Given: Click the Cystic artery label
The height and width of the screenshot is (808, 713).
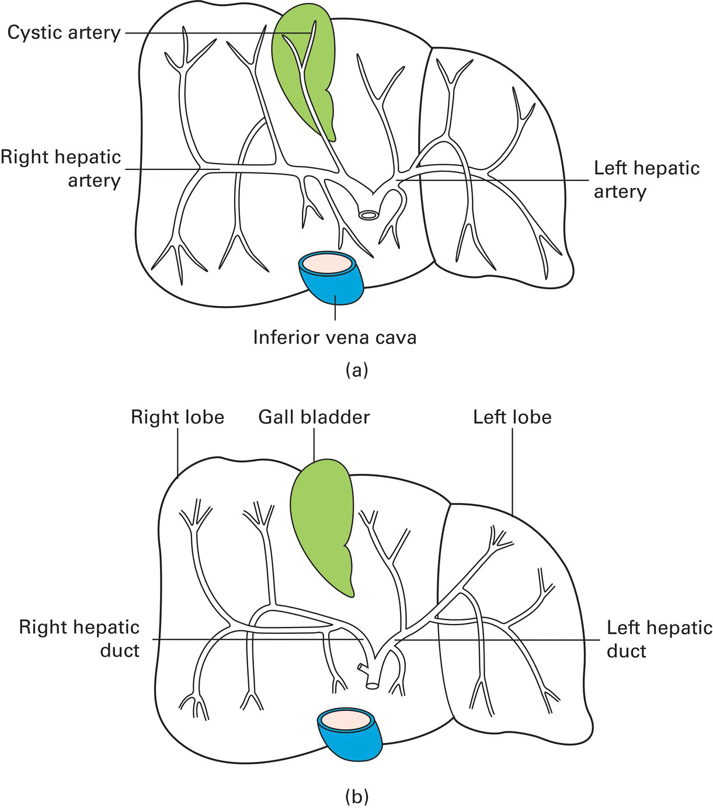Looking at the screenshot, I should pyautogui.click(x=64, y=32).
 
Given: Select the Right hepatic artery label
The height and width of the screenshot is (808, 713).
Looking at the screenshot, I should pyautogui.click(x=61, y=168).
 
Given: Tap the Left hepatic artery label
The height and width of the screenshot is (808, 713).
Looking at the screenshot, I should pyautogui.click(x=646, y=179).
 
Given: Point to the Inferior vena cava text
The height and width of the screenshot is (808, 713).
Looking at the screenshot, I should pyautogui.click(x=335, y=337).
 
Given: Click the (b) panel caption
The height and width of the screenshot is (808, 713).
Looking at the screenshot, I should pyautogui.click(x=357, y=796).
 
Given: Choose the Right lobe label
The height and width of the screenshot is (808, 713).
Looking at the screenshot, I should pyautogui.click(x=177, y=417).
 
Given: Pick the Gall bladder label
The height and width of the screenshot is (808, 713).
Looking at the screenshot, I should pyautogui.click(x=314, y=417).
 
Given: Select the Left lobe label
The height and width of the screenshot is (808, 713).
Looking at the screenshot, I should pyautogui.click(x=512, y=417).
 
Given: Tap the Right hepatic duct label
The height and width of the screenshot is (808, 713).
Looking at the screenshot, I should pyautogui.click(x=79, y=639).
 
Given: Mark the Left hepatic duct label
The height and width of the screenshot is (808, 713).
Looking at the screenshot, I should pyautogui.click(x=659, y=639).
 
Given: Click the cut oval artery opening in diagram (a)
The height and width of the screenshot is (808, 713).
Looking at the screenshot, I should pyautogui.click(x=368, y=215).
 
